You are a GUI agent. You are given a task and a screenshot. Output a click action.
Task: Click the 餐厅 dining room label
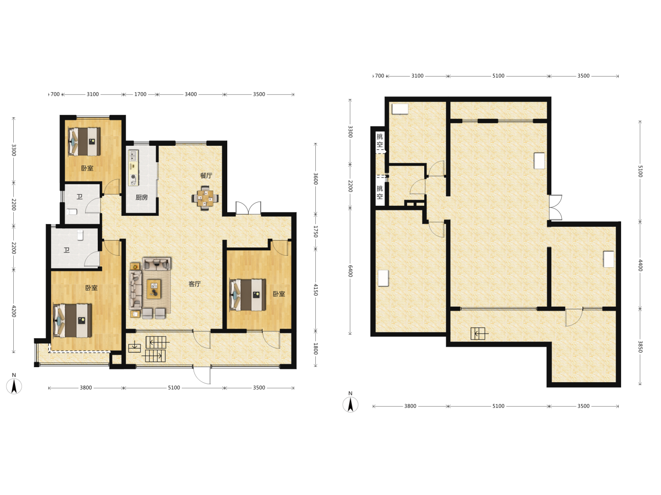tap(206, 176)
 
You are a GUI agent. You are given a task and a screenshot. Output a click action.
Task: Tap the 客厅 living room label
tap(195, 284)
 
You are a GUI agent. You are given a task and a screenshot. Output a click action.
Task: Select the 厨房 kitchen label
tap(141, 198)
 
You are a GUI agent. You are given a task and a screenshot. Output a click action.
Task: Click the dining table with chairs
tap(205, 198)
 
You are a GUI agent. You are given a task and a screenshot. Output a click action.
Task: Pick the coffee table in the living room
tap(154, 289)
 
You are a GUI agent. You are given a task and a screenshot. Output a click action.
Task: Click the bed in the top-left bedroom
tap(84, 142)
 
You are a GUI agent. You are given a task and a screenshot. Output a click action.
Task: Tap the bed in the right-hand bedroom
tap(248, 295)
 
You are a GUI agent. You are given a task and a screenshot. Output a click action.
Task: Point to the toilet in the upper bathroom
tap(72, 212)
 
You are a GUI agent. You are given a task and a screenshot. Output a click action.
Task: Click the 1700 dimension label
tap(140, 94)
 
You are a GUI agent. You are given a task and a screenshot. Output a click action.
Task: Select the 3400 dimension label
tap(190, 94)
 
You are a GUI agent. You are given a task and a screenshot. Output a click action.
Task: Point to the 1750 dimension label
tap(316, 232)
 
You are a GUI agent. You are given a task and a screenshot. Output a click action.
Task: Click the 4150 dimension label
tap(316, 290)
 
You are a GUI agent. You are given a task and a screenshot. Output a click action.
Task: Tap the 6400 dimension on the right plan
tap(350, 271)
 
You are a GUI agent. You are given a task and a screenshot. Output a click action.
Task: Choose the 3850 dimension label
tap(640, 346)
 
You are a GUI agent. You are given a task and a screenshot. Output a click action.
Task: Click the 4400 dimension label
tap(640, 265)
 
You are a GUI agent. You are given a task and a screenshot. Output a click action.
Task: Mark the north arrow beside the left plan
tap(14, 386)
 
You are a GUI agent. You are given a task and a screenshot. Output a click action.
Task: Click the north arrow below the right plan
tap(350, 404)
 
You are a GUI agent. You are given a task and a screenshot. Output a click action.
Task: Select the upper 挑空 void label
tap(380, 140)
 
